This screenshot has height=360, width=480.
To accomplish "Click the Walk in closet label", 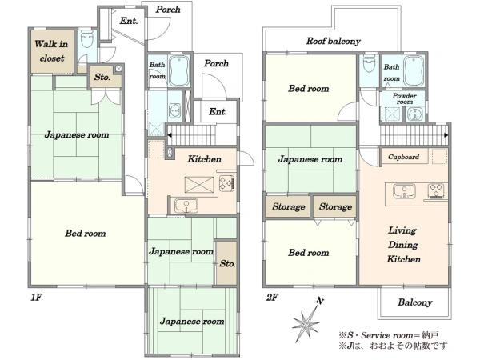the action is point(51,51).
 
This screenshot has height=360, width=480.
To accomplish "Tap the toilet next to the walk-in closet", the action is point(86,39).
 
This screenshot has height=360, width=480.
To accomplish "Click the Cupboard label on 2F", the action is point(403,157).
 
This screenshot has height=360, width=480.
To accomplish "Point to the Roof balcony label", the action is point(334,41).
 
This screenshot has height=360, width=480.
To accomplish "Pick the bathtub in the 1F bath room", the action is point(179,71).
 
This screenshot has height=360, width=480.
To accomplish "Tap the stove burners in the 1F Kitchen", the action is point(227,182).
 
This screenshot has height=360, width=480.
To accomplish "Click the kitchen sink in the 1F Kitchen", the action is point(186,206).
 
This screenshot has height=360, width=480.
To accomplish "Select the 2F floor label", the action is point(272,298).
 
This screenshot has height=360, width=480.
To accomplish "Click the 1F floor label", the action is point(36,298).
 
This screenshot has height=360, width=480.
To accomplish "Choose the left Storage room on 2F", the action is point(288,206).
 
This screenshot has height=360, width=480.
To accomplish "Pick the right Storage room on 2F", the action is point(335,206).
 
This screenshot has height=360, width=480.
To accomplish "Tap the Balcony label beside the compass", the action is point(414,302).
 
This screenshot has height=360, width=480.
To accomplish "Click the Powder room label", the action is point(404,98).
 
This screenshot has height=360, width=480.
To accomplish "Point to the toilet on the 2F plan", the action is point(369,64).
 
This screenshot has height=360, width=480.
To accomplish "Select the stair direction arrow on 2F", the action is point(446,135).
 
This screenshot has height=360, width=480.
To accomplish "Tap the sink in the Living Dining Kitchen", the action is point(404,191).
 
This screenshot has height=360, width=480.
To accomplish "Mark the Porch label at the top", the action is point(168,10).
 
